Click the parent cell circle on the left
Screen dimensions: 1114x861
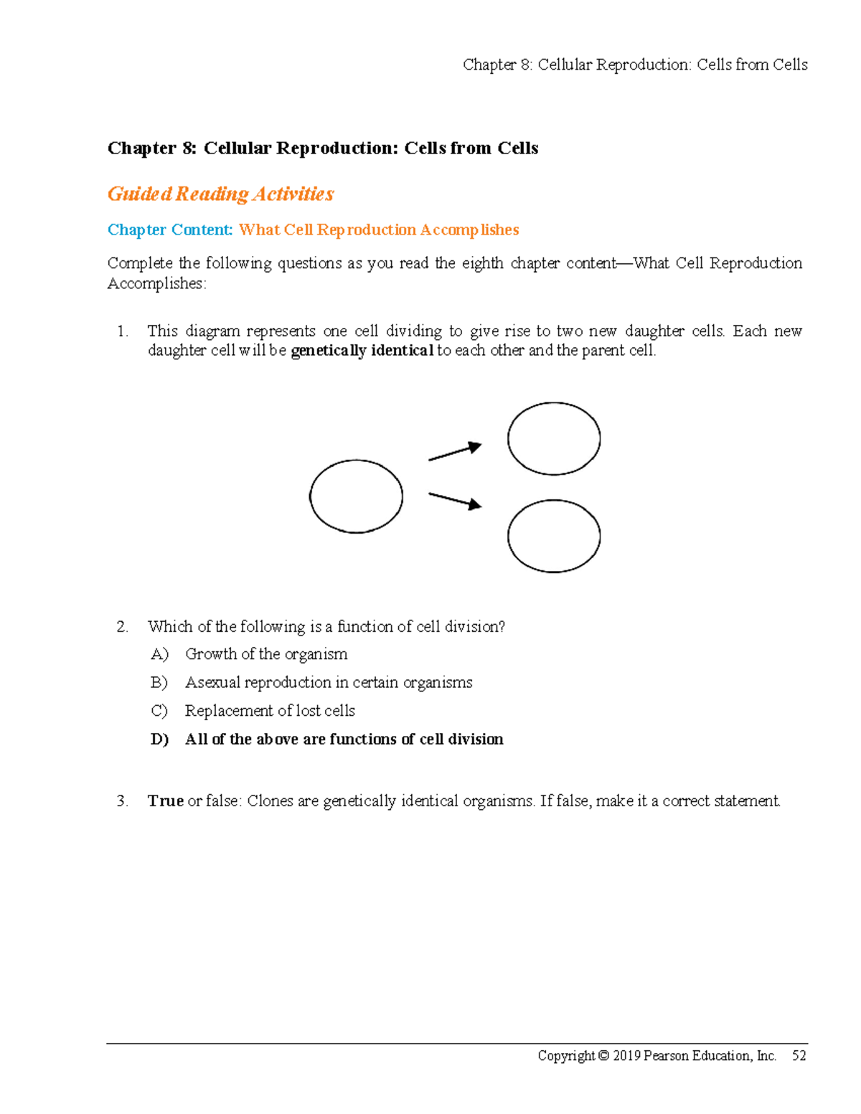coord(356,496)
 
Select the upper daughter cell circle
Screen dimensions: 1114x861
coord(554,438)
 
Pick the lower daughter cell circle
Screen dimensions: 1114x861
coord(554,536)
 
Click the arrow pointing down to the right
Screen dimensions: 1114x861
coord(455,500)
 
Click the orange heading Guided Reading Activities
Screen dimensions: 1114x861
coord(220,194)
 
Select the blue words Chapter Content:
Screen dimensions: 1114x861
coord(170,230)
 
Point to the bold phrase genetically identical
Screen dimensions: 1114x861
coord(362,351)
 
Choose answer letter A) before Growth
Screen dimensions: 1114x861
coord(159,654)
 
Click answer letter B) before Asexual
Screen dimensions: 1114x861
coord(159,682)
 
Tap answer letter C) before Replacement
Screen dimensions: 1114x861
coord(159,711)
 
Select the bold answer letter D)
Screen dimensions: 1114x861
coord(159,740)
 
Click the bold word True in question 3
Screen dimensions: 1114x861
coord(166,801)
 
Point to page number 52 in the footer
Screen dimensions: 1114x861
coord(799,1056)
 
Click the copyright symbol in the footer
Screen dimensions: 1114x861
coord(603,1056)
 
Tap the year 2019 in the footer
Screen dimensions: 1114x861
coord(626,1056)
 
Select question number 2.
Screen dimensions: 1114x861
coord(122,627)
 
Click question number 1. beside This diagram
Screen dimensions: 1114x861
coord(122,331)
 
